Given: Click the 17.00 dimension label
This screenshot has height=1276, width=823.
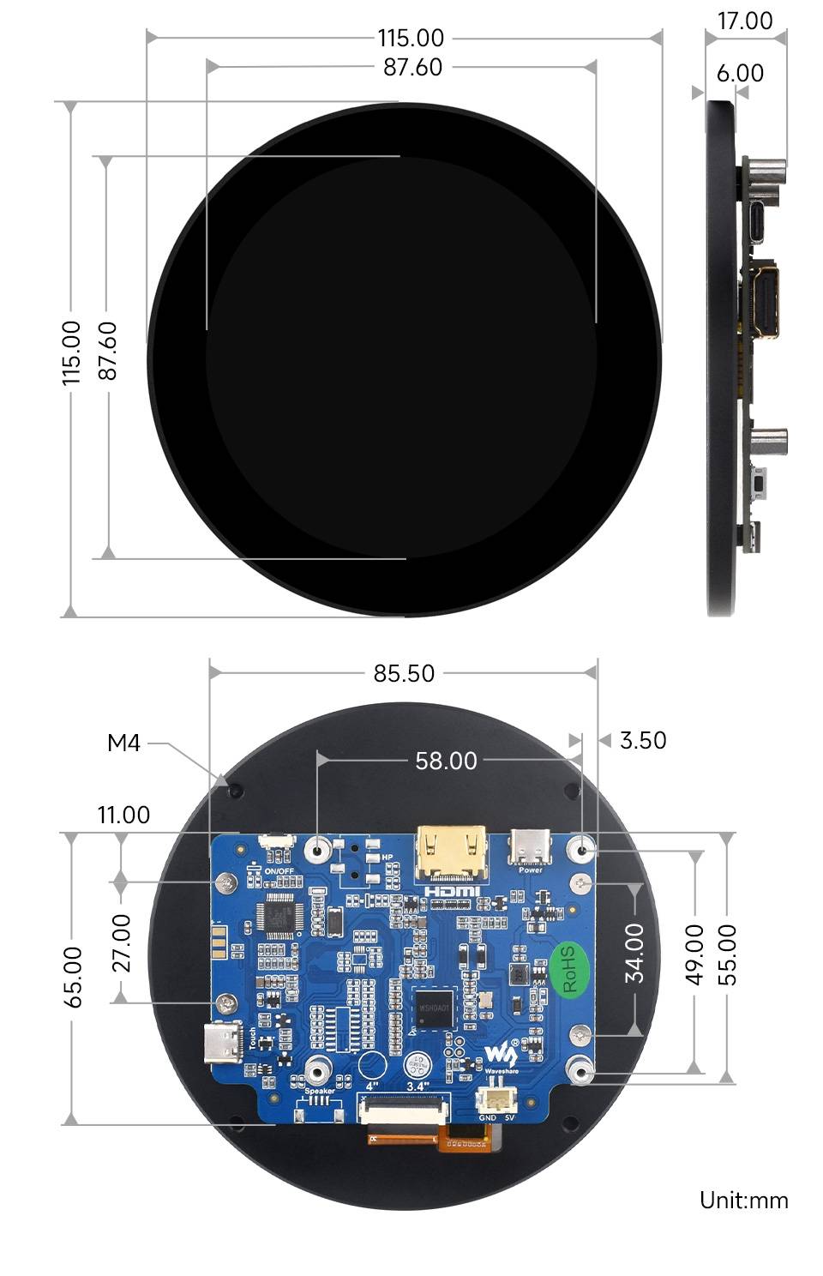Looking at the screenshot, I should (x=744, y=21).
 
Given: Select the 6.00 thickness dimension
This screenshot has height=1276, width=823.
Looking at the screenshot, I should (x=740, y=74).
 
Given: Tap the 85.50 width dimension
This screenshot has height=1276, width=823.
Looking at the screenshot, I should (x=404, y=673).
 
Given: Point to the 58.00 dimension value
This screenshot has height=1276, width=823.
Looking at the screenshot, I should (x=446, y=761).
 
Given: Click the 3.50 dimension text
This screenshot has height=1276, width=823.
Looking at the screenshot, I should (x=643, y=740).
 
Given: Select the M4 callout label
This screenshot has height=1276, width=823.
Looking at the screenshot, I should (x=123, y=743).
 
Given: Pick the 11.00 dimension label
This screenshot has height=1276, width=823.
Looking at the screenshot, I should (x=123, y=815).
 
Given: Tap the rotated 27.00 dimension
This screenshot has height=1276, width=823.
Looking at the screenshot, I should (x=122, y=943).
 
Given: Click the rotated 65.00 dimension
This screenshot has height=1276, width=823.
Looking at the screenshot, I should (x=74, y=977).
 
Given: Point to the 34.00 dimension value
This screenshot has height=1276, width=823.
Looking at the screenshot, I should (x=634, y=953).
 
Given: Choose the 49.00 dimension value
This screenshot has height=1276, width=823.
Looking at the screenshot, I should (x=695, y=954).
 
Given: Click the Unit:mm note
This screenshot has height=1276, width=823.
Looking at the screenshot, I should (x=743, y=1200).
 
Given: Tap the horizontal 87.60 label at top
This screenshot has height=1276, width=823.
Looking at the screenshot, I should (x=412, y=67).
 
